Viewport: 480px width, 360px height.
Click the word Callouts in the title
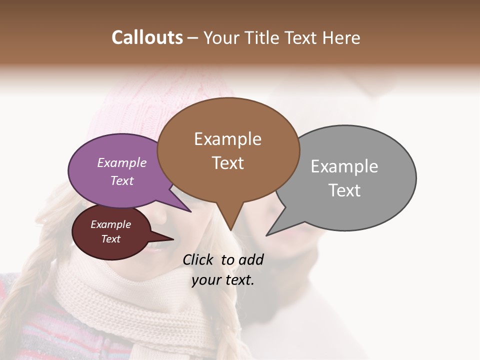click(147, 37)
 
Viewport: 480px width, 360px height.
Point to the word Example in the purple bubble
click(121, 162)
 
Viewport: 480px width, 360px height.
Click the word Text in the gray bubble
click(344, 190)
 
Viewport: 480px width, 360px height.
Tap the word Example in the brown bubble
click(227, 139)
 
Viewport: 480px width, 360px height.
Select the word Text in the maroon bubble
click(110, 239)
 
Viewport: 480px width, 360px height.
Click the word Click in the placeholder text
click(199, 259)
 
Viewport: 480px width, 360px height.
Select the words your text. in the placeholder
click(223, 280)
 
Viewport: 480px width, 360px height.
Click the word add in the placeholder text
click(250, 259)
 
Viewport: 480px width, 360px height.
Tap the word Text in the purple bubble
click(122, 181)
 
